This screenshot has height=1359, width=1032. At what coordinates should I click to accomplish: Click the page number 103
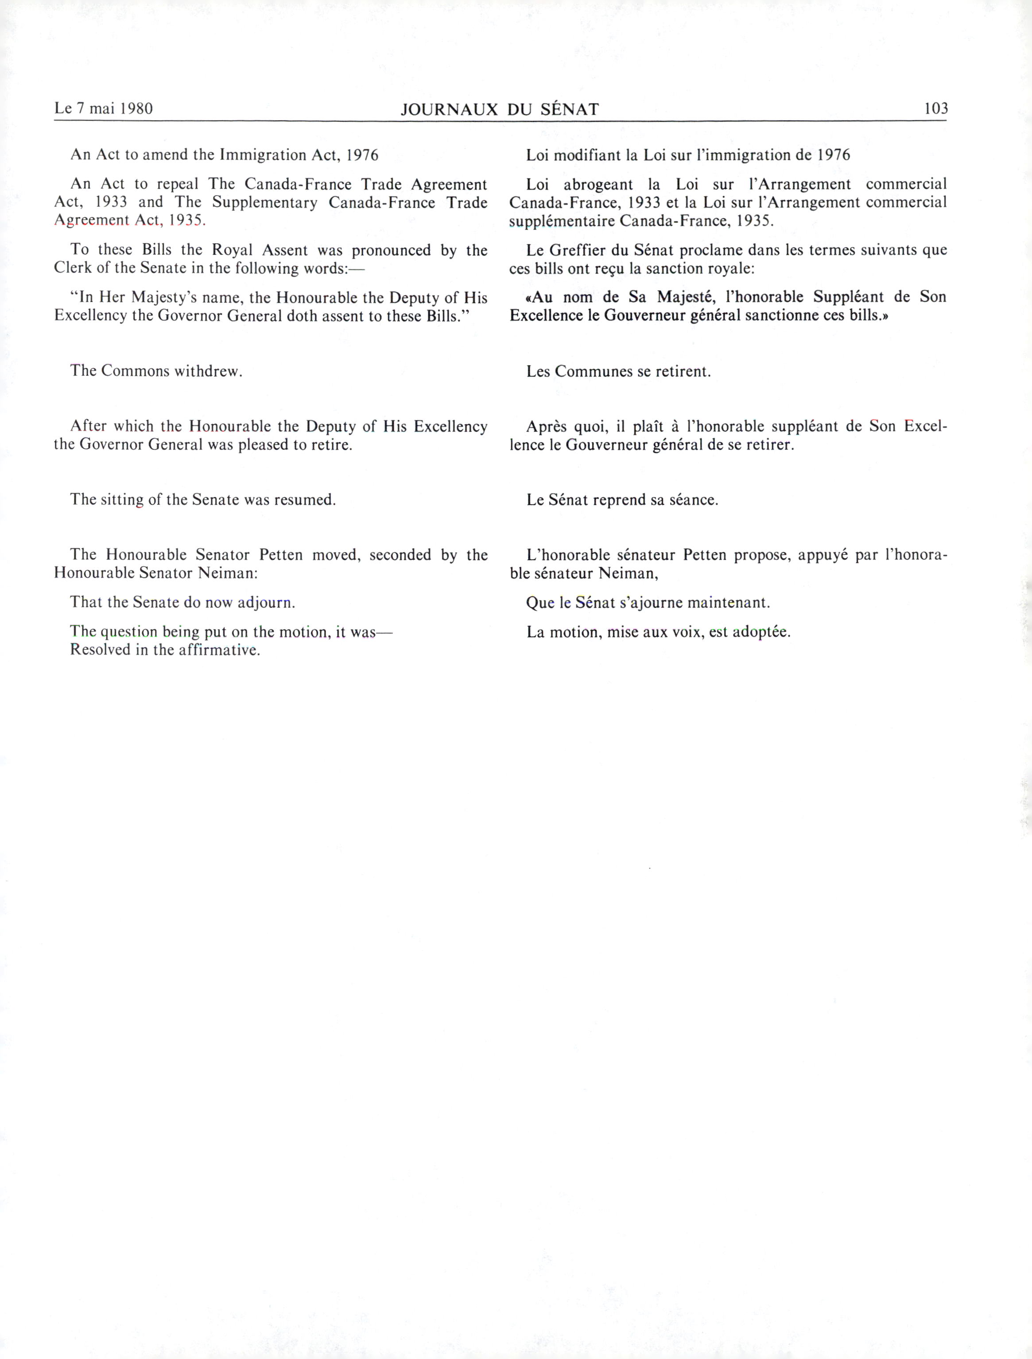coord(935,109)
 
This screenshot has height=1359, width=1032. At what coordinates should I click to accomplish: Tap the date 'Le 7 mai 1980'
coord(103,109)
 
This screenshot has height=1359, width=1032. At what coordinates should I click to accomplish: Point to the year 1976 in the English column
coord(362,155)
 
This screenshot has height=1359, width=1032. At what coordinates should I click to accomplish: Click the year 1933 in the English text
coord(111,202)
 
